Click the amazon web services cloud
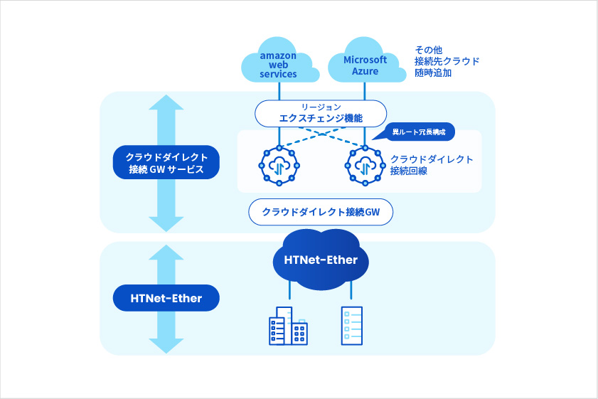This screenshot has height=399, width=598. point(278,62)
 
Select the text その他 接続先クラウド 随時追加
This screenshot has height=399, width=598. point(447,61)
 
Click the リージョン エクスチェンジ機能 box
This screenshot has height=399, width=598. point(321,112)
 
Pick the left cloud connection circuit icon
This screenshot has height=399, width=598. point(279,166)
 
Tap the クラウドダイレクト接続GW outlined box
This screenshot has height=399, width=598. point(321,212)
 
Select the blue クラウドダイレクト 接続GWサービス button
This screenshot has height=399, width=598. point(166,164)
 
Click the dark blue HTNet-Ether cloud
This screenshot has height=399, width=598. point(320,260)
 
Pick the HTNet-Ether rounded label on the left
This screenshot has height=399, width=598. point(166,299)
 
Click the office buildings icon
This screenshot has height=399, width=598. point(288,326)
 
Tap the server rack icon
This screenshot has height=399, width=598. point(351,325)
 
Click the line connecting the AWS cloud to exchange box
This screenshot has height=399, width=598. point(279,90)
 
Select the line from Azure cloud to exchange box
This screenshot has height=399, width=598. point(365,90)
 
